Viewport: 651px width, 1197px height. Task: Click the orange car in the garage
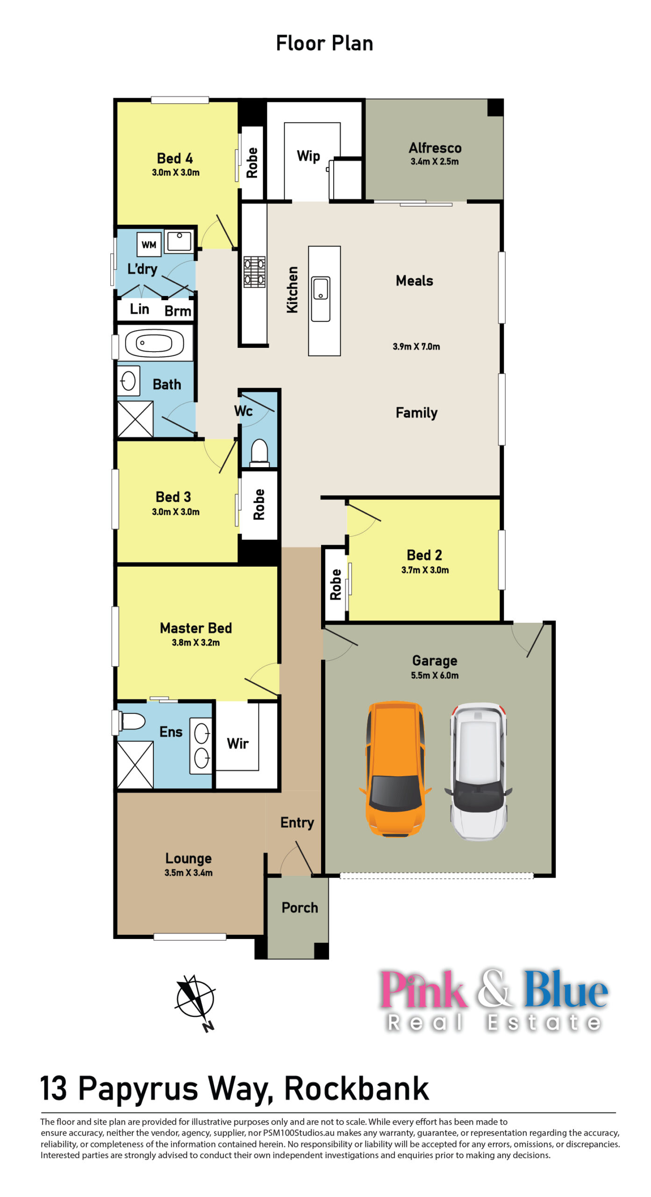(395, 769)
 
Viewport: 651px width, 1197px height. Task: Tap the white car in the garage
(478, 771)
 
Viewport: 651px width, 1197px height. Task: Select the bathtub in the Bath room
(154, 343)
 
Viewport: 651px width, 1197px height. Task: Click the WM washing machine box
(149, 244)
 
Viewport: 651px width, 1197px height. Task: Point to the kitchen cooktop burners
(255, 271)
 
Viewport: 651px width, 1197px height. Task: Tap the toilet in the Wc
(259, 452)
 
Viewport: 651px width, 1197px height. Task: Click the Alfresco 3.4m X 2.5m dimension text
(435, 161)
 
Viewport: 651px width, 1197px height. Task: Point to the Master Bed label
(196, 627)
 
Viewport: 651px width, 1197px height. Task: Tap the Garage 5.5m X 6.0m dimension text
(435, 675)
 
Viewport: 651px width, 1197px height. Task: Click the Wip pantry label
(308, 156)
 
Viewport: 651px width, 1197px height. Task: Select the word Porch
(300, 907)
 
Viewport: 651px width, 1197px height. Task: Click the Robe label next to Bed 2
(336, 584)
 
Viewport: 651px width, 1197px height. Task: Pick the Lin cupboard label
(139, 309)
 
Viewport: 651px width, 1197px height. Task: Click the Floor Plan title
(325, 43)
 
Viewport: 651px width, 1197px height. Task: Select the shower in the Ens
(135, 765)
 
